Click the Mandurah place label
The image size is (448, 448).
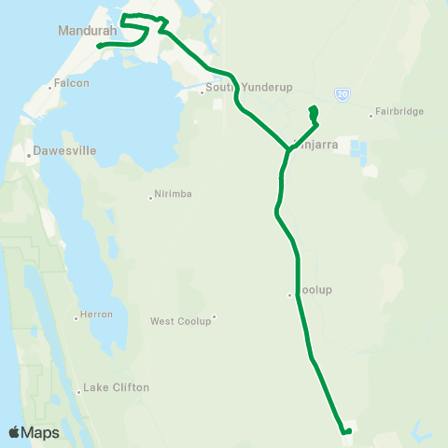(x=88, y=30)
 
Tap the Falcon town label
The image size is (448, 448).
(x=72, y=82)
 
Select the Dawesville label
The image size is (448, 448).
(x=64, y=149)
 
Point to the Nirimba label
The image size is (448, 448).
(x=175, y=195)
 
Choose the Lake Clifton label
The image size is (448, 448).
(x=116, y=387)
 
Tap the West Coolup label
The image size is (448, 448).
(x=181, y=321)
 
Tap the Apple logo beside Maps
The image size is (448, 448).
(x=14, y=433)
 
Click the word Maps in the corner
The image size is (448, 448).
(x=41, y=433)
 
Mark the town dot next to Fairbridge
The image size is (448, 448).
(x=371, y=116)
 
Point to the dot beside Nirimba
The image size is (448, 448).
(x=150, y=197)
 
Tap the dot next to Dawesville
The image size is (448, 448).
(x=30, y=155)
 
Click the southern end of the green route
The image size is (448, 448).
(x=343, y=432)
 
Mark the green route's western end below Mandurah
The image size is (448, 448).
(x=99, y=44)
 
